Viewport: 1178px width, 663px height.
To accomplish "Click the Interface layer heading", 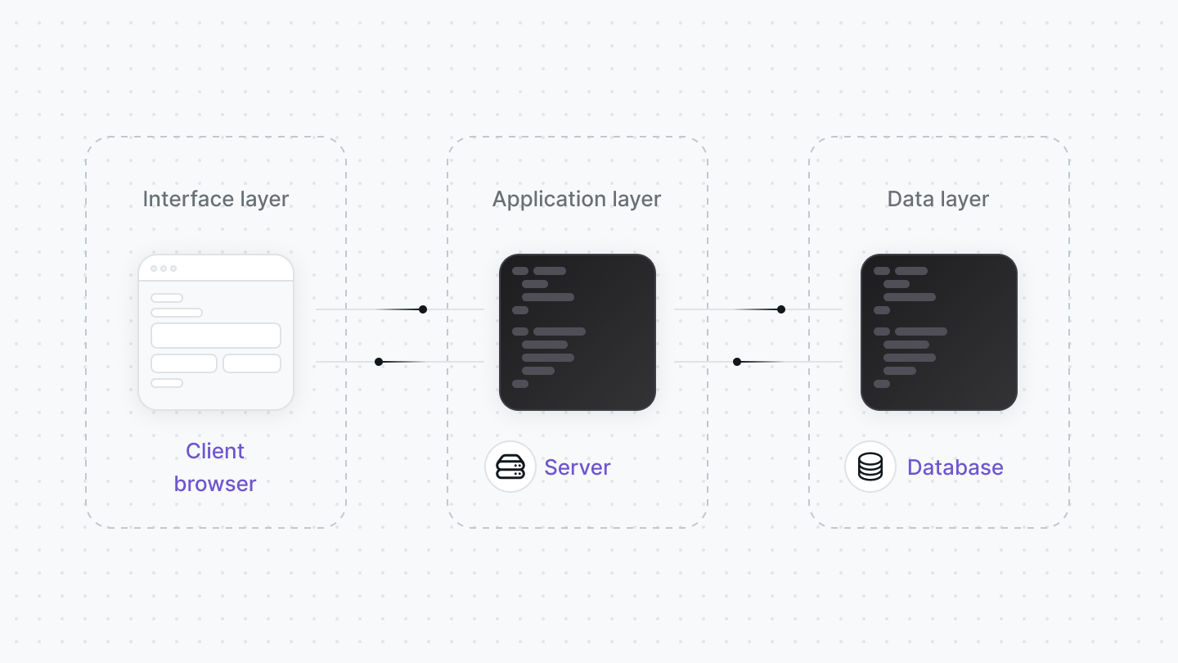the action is coord(216,200).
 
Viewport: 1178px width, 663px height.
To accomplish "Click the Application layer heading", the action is coord(577,200).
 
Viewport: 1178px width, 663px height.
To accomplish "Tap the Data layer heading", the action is coord(937,200).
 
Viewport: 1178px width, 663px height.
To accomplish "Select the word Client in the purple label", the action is coord(215,451).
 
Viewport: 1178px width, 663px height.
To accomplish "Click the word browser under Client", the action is coord(215,484).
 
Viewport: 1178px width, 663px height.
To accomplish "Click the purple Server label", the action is coord(577,467).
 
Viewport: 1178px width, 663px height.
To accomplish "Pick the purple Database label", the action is coord(955,467).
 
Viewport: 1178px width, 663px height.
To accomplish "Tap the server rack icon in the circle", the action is coord(510,467).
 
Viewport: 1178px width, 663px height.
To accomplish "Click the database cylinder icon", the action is coord(870,467).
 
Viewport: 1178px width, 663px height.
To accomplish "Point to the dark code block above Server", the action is coord(578,332).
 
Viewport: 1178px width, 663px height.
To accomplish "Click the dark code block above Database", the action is coord(939,332).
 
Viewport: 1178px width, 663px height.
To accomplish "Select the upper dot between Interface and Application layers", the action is coord(423,309).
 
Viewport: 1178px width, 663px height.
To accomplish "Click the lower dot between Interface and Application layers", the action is coord(379,362).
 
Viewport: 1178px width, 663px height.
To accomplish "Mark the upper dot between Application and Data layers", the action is coord(781,309).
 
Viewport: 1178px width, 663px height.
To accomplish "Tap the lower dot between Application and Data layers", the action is coord(737,362).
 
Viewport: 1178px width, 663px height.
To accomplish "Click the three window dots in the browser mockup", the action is coord(164,268).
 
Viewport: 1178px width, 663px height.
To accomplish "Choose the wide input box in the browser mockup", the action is coord(216,336).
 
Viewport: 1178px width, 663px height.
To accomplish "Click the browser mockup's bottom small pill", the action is coord(167,383).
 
